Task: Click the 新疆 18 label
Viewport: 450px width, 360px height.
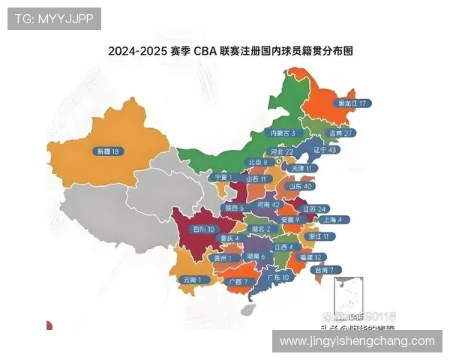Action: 107,151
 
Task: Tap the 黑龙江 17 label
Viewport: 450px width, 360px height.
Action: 353,103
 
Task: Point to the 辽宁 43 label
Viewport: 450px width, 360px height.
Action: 326,150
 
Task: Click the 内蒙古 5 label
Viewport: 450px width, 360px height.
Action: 283,133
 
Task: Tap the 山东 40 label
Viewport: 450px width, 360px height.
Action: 300,186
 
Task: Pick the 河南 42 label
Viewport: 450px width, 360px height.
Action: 268,203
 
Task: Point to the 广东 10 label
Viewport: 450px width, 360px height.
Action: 278,277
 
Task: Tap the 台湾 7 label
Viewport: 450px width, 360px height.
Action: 326,269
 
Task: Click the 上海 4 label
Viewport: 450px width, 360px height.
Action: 331,220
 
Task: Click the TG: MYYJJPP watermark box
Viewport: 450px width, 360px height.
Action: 54,19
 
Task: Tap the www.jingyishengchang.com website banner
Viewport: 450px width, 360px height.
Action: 357,341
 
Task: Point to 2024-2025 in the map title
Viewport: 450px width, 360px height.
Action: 136,52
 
